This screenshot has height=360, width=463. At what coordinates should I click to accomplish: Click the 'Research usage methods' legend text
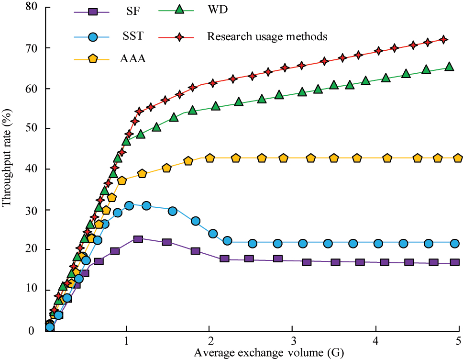267,36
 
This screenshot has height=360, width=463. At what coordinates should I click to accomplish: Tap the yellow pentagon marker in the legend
93,58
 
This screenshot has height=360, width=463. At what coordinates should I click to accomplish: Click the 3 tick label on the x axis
292,341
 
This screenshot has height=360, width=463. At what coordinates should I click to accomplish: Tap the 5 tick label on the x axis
458,341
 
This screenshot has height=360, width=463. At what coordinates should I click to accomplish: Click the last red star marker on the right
443,39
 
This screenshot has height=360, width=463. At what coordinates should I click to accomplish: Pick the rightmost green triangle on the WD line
449,67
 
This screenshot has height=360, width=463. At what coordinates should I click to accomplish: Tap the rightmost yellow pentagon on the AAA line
458,158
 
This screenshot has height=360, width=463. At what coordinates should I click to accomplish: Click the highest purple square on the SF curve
138,239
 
